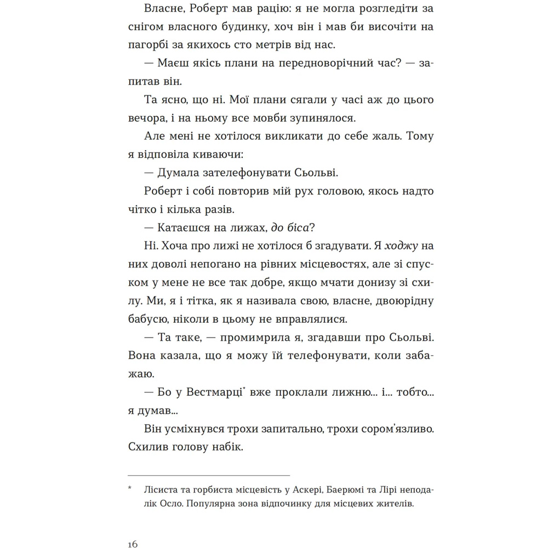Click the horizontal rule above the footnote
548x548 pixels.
coord(209,475)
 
